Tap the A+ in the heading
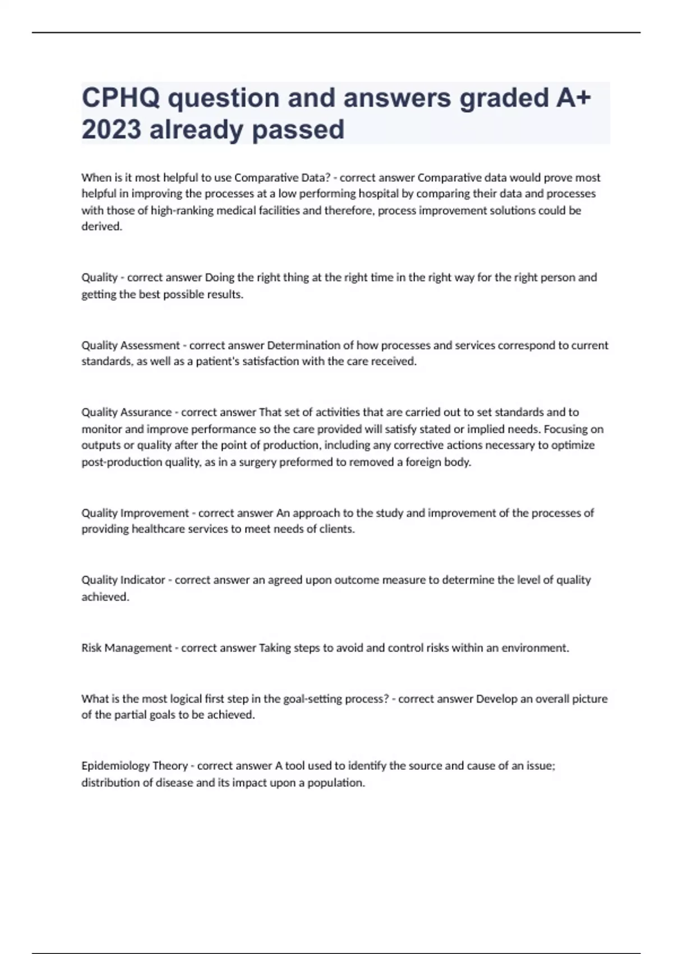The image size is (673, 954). [x=574, y=98]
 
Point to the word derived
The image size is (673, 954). [x=102, y=227]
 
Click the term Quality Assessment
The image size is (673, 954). [x=131, y=345]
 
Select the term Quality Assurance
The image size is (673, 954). [x=126, y=412]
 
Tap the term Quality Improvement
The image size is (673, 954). [x=135, y=513]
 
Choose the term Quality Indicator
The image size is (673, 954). [x=123, y=580]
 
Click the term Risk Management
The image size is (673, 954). [x=127, y=648]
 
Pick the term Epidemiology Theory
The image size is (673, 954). [x=135, y=766]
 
